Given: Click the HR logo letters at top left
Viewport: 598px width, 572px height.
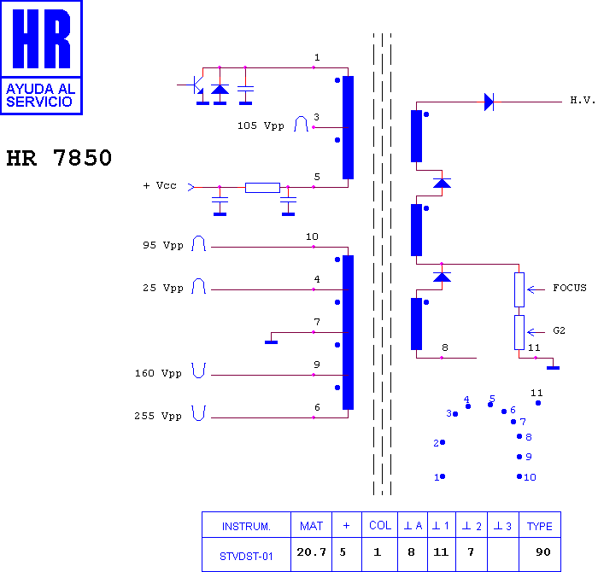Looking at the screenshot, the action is coord(41,38).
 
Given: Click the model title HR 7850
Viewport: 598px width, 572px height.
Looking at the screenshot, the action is coord(59,158).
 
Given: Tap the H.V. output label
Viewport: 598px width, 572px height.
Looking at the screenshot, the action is coord(583,100).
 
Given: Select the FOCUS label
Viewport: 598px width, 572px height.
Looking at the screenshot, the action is coord(570,288).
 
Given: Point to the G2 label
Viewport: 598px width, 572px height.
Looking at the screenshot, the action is coord(559,330).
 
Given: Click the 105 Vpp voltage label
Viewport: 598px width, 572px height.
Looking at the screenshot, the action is coord(261,125).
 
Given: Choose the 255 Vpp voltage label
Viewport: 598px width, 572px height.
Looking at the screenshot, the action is coord(158,416).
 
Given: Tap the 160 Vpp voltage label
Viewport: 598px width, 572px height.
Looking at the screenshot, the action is coord(158,373).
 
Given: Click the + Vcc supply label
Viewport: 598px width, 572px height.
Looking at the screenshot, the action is coord(160,185).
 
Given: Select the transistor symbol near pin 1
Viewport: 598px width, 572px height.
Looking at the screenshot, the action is coord(196,85).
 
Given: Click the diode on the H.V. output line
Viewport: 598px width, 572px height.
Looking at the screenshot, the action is coord(489,102).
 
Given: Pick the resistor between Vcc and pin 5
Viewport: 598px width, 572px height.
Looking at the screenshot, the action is coord(262,188).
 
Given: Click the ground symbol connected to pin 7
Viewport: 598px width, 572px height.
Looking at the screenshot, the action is coord(271,342).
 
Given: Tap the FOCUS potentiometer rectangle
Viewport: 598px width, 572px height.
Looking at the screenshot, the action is coord(519,289).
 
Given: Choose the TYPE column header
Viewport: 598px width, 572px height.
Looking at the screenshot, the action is coord(540,525).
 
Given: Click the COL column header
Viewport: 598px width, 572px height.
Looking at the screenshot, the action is coord(380,525).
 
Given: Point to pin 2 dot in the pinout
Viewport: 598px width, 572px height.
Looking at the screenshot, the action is coord(443,442).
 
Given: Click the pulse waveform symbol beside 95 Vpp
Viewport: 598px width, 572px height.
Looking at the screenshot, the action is coord(199,243).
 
